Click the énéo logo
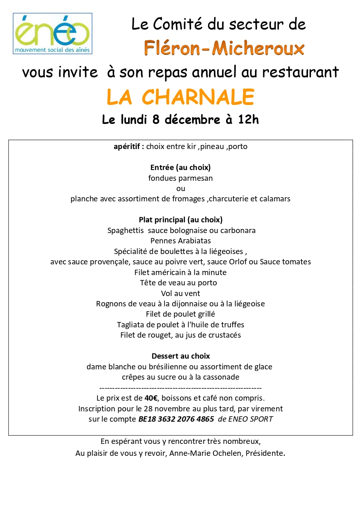[52, 33]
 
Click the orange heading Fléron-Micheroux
[224, 49]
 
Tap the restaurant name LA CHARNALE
[180, 97]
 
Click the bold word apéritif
[129, 147]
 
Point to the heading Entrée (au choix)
[180, 168]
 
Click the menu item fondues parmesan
[180, 178]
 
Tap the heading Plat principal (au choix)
[180, 220]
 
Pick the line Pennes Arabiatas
[180, 241]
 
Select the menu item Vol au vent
[180, 293]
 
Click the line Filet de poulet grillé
[180, 314]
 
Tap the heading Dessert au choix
[180, 356]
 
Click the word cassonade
[221, 377]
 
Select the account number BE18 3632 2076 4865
[176, 419]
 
